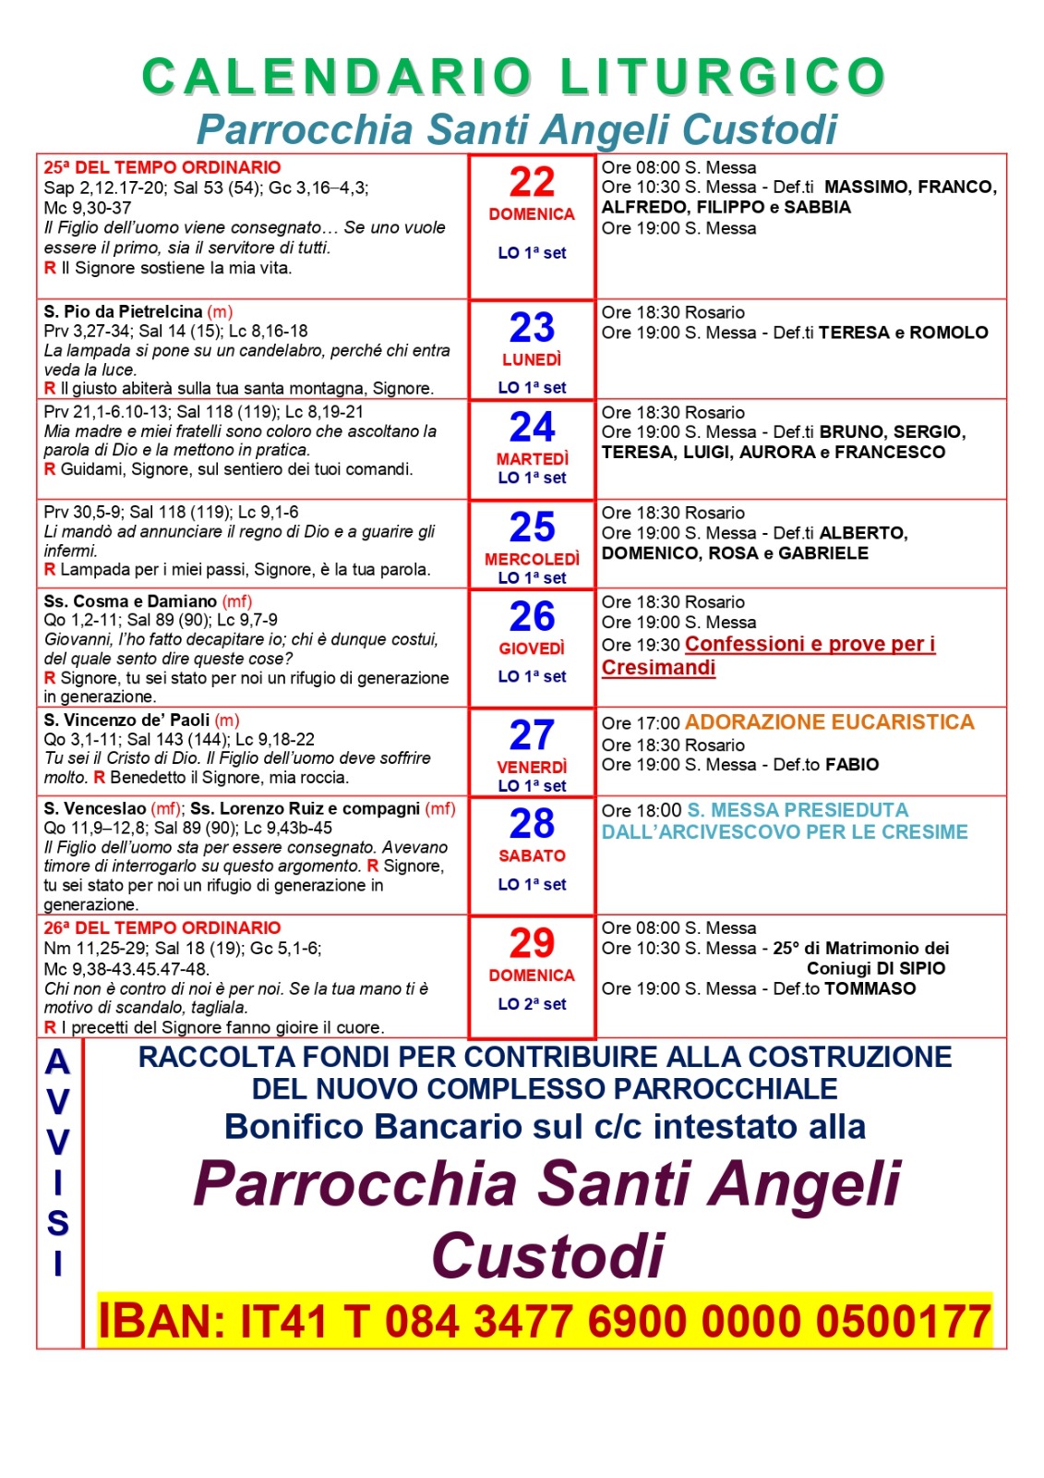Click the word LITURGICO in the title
tap(723, 77)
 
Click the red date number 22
tap(532, 182)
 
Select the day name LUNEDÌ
tap(532, 359)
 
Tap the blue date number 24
tap(532, 427)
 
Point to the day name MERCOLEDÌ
tap(532, 559)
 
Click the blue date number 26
tap(532, 616)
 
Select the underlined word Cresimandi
tap(658, 668)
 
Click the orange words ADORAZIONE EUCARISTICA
tap(829, 722)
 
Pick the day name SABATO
tap(532, 855)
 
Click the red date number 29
tap(532, 943)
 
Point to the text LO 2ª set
tap(532, 1004)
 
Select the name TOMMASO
tap(870, 988)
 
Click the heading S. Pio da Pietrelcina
tap(123, 311)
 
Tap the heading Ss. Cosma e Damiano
tap(130, 600)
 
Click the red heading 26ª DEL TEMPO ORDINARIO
tap(162, 927)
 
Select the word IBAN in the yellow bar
tap(162, 1321)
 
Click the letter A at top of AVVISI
tap(58, 1062)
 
